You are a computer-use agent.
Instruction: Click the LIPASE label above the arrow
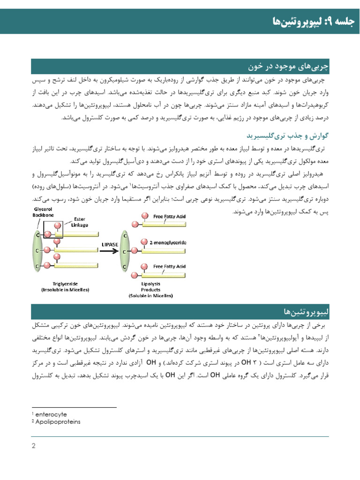pos(110,244)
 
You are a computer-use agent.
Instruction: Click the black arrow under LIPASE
pos(110,251)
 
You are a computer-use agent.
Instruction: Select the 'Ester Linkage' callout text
pos(79,222)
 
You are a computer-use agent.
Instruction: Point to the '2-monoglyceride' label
pos(168,243)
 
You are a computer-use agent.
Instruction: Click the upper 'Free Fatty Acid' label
pos(170,217)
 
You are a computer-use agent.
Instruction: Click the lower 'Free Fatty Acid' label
pos(170,266)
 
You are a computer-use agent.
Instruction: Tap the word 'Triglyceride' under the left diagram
pos(66,284)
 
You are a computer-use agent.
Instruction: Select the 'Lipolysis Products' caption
pos(150,287)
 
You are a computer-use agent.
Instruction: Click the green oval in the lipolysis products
pos(125,251)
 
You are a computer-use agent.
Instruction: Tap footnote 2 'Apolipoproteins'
pos(58,422)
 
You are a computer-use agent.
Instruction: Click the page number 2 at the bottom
pos(34,446)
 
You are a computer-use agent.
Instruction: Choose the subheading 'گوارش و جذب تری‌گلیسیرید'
pos(287,136)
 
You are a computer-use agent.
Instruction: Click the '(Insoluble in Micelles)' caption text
pos(66,290)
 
